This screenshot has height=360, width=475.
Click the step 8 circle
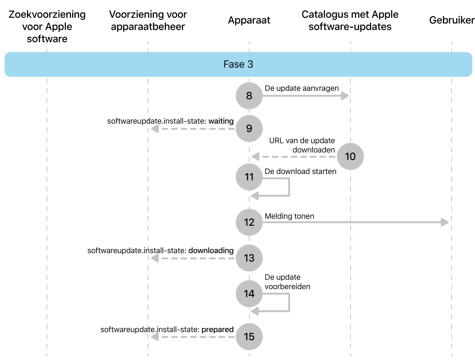click(x=249, y=96)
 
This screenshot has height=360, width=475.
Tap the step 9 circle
click(x=249, y=128)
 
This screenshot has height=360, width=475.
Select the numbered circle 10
click(x=350, y=156)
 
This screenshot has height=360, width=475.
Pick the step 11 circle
click(x=249, y=177)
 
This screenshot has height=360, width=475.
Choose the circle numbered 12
click(x=249, y=222)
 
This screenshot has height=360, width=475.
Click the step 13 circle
click(x=249, y=258)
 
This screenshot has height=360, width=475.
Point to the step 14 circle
click(x=249, y=294)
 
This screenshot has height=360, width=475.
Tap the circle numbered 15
click(x=249, y=336)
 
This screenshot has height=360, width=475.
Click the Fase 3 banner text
click(x=238, y=64)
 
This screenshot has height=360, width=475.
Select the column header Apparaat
click(x=249, y=20)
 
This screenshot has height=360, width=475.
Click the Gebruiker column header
click(x=452, y=20)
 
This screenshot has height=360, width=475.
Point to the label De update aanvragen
click(x=301, y=88)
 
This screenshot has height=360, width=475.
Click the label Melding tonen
click(x=289, y=216)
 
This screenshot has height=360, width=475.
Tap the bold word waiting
click(x=221, y=121)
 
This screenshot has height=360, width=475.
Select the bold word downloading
click(x=211, y=251)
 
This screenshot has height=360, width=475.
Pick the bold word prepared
click(x=217, y=330)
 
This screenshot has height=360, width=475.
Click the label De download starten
click(x=300, y=171)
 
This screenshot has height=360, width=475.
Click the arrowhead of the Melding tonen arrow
click(x=444, y=222)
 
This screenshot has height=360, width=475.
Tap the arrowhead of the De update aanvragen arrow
click(x=345, y=96)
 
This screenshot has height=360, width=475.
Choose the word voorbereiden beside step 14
click(x=287, y=287)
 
